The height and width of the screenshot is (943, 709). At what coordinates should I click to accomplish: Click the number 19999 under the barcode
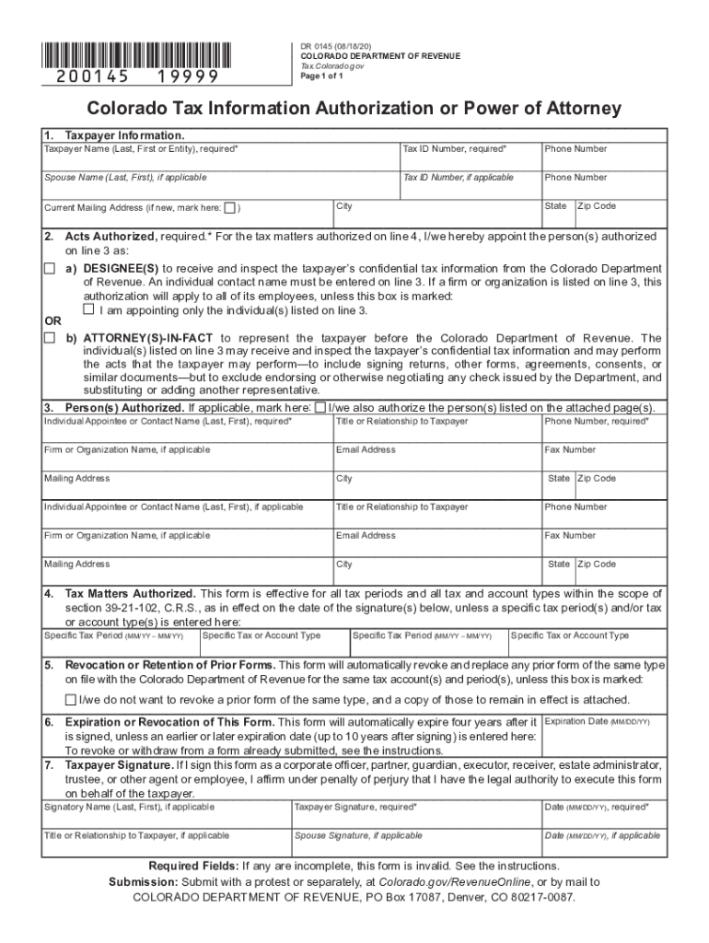point(188,76)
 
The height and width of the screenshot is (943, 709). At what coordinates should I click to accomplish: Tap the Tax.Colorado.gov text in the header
point(332,67)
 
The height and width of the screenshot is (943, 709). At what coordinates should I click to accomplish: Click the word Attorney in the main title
point(570,110)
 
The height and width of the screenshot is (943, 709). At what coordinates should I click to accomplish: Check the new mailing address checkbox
point(230,207)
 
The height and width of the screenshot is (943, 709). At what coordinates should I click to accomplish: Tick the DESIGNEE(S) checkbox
point(50,268)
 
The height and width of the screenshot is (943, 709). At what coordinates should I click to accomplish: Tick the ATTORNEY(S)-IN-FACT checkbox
point(50,338)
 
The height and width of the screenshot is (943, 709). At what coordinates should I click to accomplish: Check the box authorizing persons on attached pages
point(320,407)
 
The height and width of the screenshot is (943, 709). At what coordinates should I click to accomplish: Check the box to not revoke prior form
point(70,700)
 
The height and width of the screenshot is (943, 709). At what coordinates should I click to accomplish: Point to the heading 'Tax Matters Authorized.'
point(130,594)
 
